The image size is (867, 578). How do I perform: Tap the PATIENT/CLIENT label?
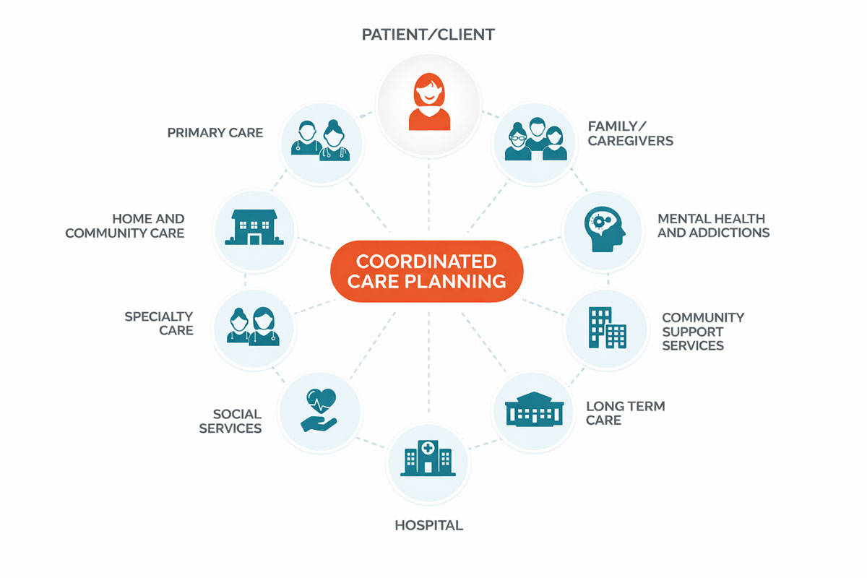pos(428,35)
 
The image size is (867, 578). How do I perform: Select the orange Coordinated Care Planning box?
pos(427,271)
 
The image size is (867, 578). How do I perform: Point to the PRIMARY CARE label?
pos(215,133)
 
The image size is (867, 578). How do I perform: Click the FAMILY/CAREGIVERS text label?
pos(630,133)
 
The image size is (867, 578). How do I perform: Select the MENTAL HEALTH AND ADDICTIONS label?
pos(713,225)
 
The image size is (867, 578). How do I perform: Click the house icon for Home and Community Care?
pos(255,228)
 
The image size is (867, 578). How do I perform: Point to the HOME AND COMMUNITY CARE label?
pos(124,225)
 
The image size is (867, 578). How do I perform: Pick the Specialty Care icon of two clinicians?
pos(254,327)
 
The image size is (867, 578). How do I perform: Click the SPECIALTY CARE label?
pos(159,323)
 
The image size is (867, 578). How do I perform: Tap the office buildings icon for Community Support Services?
pos(605,327)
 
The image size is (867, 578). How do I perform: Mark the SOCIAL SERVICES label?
pos(237,420)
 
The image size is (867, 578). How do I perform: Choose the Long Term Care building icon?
pos(536,409)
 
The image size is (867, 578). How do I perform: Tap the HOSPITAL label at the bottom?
pos(428,525)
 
